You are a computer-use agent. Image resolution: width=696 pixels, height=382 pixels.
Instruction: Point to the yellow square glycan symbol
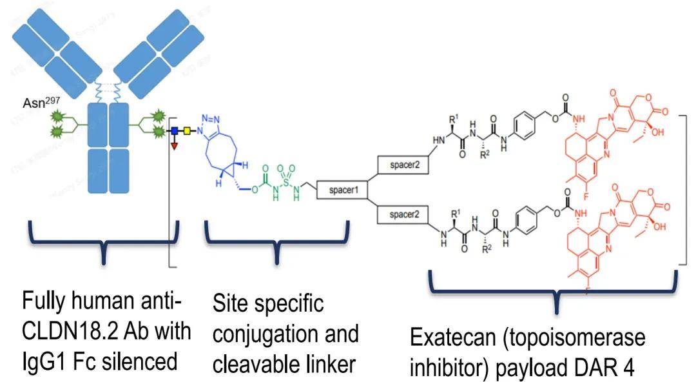(188, 131)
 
